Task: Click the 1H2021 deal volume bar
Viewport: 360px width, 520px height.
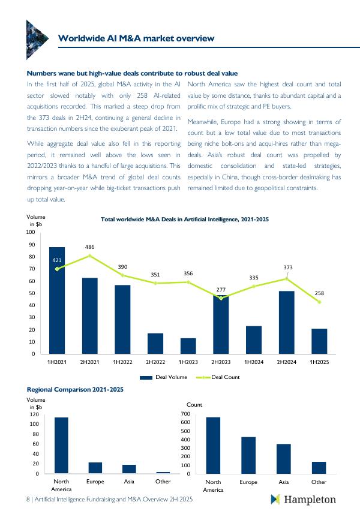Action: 57,300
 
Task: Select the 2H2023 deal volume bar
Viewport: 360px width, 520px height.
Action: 221,324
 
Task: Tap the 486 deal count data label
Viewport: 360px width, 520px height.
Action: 89,247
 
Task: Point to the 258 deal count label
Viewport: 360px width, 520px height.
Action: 319,293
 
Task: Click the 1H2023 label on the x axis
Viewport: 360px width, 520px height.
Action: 188,362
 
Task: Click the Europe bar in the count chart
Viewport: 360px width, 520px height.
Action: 248,455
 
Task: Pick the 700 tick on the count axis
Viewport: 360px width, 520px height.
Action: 185,414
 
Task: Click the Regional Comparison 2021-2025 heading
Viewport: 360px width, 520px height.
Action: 75,389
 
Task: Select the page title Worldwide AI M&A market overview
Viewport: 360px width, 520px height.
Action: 136,38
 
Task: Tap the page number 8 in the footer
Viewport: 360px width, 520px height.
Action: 28,499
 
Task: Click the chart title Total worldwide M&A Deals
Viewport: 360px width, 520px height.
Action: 184,220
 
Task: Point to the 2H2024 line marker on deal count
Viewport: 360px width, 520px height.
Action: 287,279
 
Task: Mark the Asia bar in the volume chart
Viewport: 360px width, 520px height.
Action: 129,469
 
